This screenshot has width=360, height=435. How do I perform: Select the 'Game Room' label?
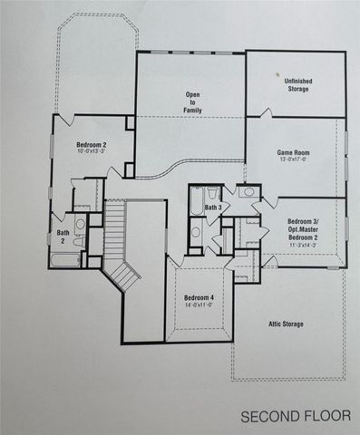pyautogui.click(x=295, y=153)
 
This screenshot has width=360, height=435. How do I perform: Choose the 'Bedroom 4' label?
pyautogui.click(x=199, y=298)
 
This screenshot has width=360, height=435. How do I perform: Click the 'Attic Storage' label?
pyautogui.click(x=285, y=324)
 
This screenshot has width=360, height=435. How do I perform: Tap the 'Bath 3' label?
pyautogui.click(x=214, y=208)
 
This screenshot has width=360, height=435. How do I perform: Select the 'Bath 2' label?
pyautogui.click(x=63, y=236)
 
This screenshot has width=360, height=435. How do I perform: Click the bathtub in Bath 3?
pyautogui.click(x=209, y=193)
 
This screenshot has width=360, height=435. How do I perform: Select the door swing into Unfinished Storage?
pyautogui.click(x=266, y=114)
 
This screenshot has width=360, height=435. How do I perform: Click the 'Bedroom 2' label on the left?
pyautogui.click(x=92, y=144)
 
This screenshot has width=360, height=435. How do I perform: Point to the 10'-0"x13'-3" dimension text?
pyautogui.click(x=92, y=152)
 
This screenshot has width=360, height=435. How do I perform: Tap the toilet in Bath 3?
pyautogui.click(x=195, y=232)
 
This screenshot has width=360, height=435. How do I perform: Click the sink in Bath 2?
pyautogui.click(x=80, y=223)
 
